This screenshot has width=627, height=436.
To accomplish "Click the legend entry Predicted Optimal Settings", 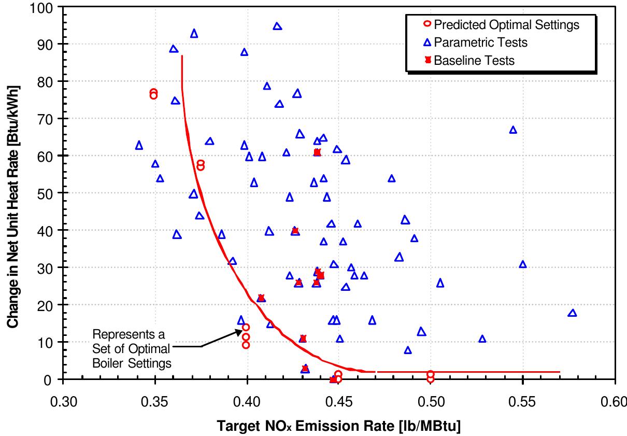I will [x=506, y=24].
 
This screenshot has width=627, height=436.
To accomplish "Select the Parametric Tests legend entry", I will [x=480, y=43].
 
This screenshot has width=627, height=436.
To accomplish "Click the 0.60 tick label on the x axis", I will [x=615, y=402].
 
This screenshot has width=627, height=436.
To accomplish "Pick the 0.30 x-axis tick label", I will [x=63, y=402].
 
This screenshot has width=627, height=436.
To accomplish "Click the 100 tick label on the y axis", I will [x=42, y=8].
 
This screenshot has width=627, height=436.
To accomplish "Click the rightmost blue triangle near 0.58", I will [x=572, y=313].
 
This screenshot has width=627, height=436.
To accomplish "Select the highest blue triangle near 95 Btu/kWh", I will [x=277, y=26].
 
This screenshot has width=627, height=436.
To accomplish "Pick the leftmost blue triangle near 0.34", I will [x=139, y=145].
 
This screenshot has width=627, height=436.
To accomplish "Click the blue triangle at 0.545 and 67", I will [x=513, y=130].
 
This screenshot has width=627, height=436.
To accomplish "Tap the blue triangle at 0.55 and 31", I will [x=522, y=264].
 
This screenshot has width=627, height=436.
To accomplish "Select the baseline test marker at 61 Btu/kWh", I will [x=317, y=152].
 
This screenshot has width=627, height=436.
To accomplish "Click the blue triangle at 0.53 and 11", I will [x=482, y=339].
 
